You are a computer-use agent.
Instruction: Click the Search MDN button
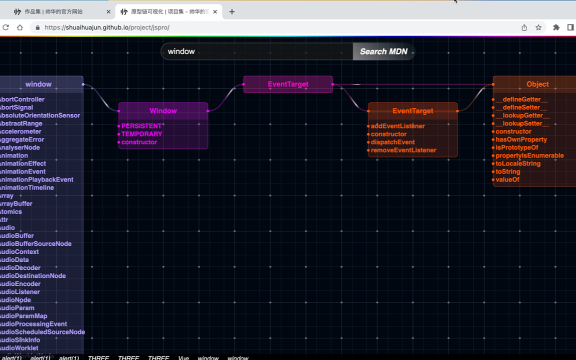(383, 52)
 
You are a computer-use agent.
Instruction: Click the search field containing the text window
(256, 52)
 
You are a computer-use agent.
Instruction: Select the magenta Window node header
(163, 111)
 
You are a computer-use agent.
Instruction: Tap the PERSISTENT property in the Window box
(141, 126)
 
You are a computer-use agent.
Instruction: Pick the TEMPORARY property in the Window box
(141, 134)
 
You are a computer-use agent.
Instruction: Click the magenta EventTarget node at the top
(288, 84)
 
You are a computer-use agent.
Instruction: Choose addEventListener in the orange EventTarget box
(398, 126)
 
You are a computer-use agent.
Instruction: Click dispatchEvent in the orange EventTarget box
(393, 142)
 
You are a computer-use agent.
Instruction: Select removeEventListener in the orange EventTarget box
(403, 150)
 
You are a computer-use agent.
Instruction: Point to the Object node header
(537, 84)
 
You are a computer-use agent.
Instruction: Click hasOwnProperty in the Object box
(521, 140)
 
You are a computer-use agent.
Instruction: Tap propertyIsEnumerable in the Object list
(529, 156)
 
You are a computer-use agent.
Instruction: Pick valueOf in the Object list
(507, 180)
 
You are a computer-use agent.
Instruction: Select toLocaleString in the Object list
(518, 164)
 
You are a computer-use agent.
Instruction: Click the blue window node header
(39, 84)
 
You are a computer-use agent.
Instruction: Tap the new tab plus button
(232, 12)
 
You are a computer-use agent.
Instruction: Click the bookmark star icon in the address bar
(538, 28)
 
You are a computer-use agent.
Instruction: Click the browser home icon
(20, 28)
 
